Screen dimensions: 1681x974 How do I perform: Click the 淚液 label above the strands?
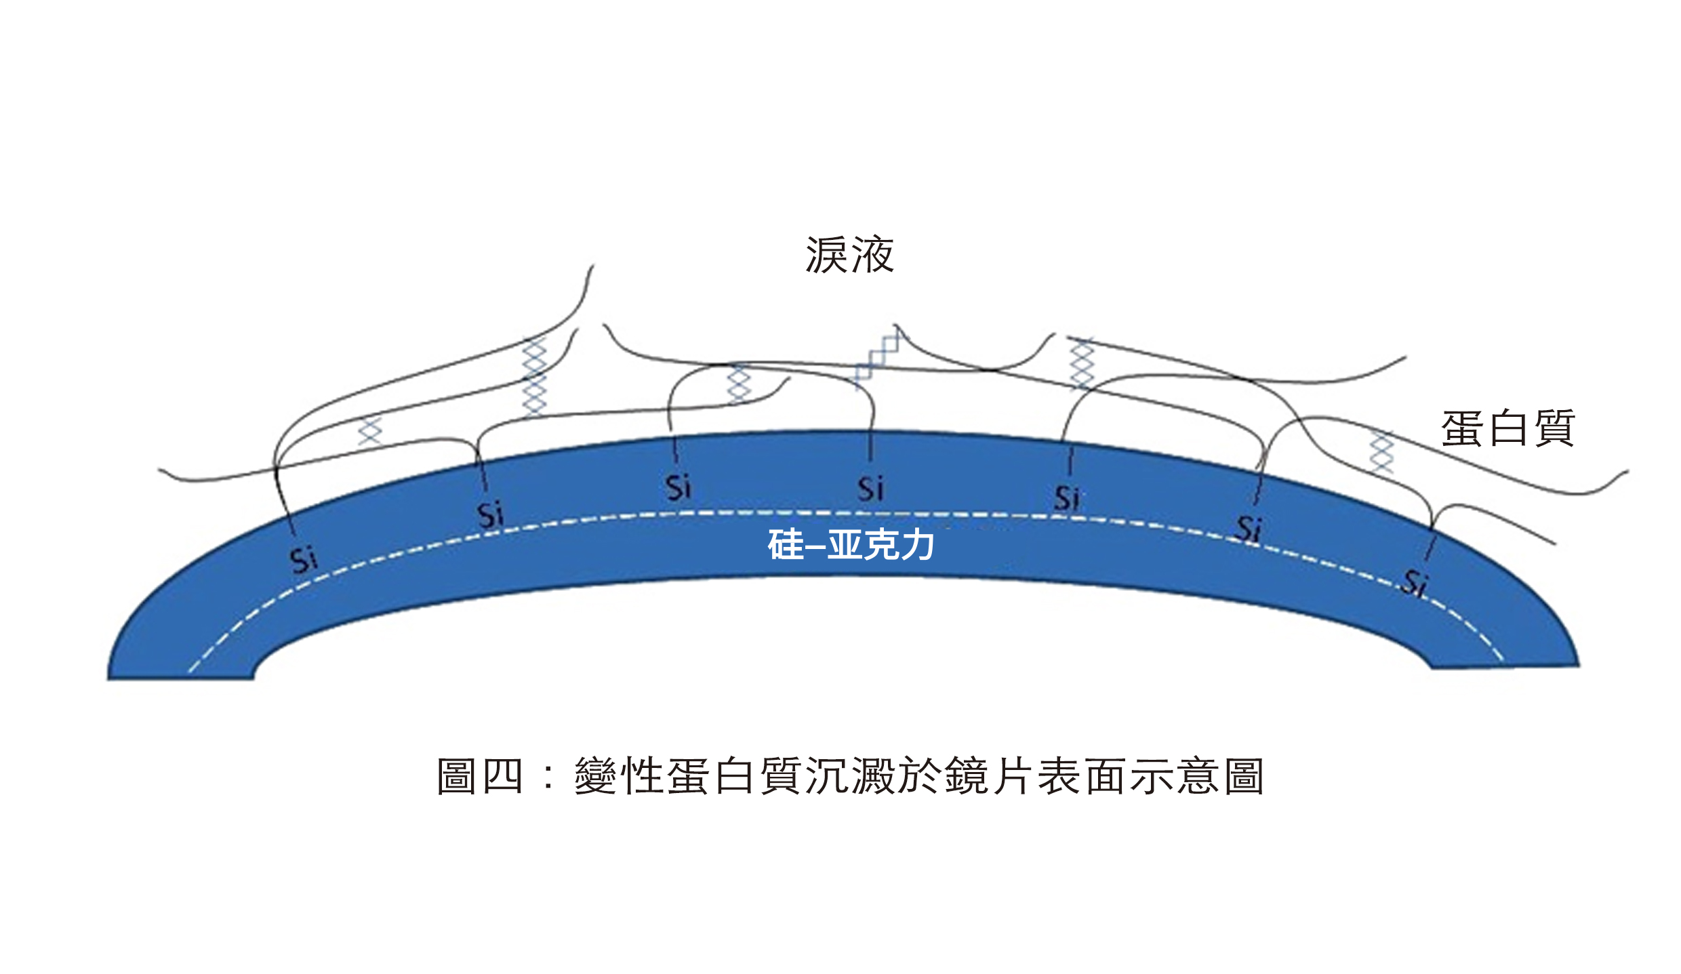(x=850, y=255)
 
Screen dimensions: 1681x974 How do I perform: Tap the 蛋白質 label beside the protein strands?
(x=1507, y=428)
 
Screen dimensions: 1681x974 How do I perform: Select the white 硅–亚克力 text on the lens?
(x=851, y=544)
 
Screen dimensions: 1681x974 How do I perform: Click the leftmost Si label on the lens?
(x=303, y=560)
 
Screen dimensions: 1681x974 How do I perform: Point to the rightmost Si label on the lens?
(x=1415, y=582)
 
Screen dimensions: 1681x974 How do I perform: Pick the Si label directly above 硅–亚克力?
(x=870, y=488)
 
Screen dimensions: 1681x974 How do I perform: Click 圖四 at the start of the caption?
(x=479, y=775)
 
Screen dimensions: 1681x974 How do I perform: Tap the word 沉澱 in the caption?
(x=850, y=775)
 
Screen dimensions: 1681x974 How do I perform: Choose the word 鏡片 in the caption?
(x=989, y=775)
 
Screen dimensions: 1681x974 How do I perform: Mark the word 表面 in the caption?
(x=1082, y=775)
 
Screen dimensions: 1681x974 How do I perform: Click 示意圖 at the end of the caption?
(x=1198, y=775)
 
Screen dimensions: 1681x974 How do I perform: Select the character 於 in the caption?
(x=920, y=775)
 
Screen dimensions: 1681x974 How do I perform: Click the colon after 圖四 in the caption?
(x=548, y=777)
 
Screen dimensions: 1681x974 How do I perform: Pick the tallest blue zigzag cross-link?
(x=534, y=377)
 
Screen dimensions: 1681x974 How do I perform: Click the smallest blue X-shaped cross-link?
(x=370, y=431)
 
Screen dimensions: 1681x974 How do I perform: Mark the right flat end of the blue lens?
(x=1505, y=666)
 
